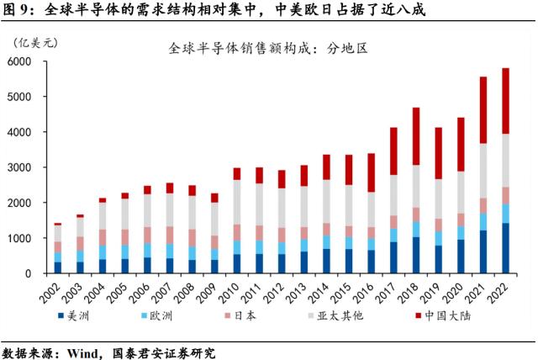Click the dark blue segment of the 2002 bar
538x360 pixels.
click(57, 267)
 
